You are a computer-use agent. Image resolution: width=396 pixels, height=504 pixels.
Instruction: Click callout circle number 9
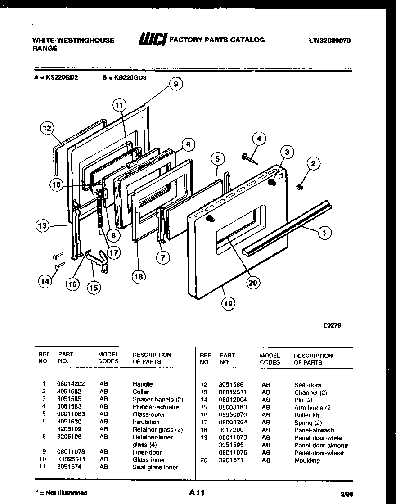click(x=176, y=83)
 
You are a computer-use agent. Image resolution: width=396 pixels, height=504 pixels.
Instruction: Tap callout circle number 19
click(x=228, y=303)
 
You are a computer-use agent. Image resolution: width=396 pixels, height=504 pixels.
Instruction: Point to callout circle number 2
click(x=314, y=164)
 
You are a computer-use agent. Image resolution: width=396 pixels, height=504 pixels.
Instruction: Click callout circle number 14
click(x=44, y=282)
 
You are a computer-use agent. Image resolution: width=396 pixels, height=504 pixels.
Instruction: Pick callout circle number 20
click(x=253, y=283)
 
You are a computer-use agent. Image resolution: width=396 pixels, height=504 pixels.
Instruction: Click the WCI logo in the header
click(x=153, y=40)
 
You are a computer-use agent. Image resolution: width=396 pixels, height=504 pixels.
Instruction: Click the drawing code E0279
click(x=332, y=325)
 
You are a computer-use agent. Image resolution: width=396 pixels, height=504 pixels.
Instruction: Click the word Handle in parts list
click(x=142, y=384)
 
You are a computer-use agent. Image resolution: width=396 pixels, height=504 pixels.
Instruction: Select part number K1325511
click(x=71, y=459)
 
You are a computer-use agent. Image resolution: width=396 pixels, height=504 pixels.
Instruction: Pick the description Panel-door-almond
click(x=320, y=445)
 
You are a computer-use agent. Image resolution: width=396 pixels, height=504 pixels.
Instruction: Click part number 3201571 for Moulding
click(x=231, y=460)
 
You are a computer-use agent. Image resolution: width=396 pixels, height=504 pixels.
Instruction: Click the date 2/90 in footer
click(x=346, y=494)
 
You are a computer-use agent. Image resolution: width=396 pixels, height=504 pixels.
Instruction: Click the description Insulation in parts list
click(x=146, y=422)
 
